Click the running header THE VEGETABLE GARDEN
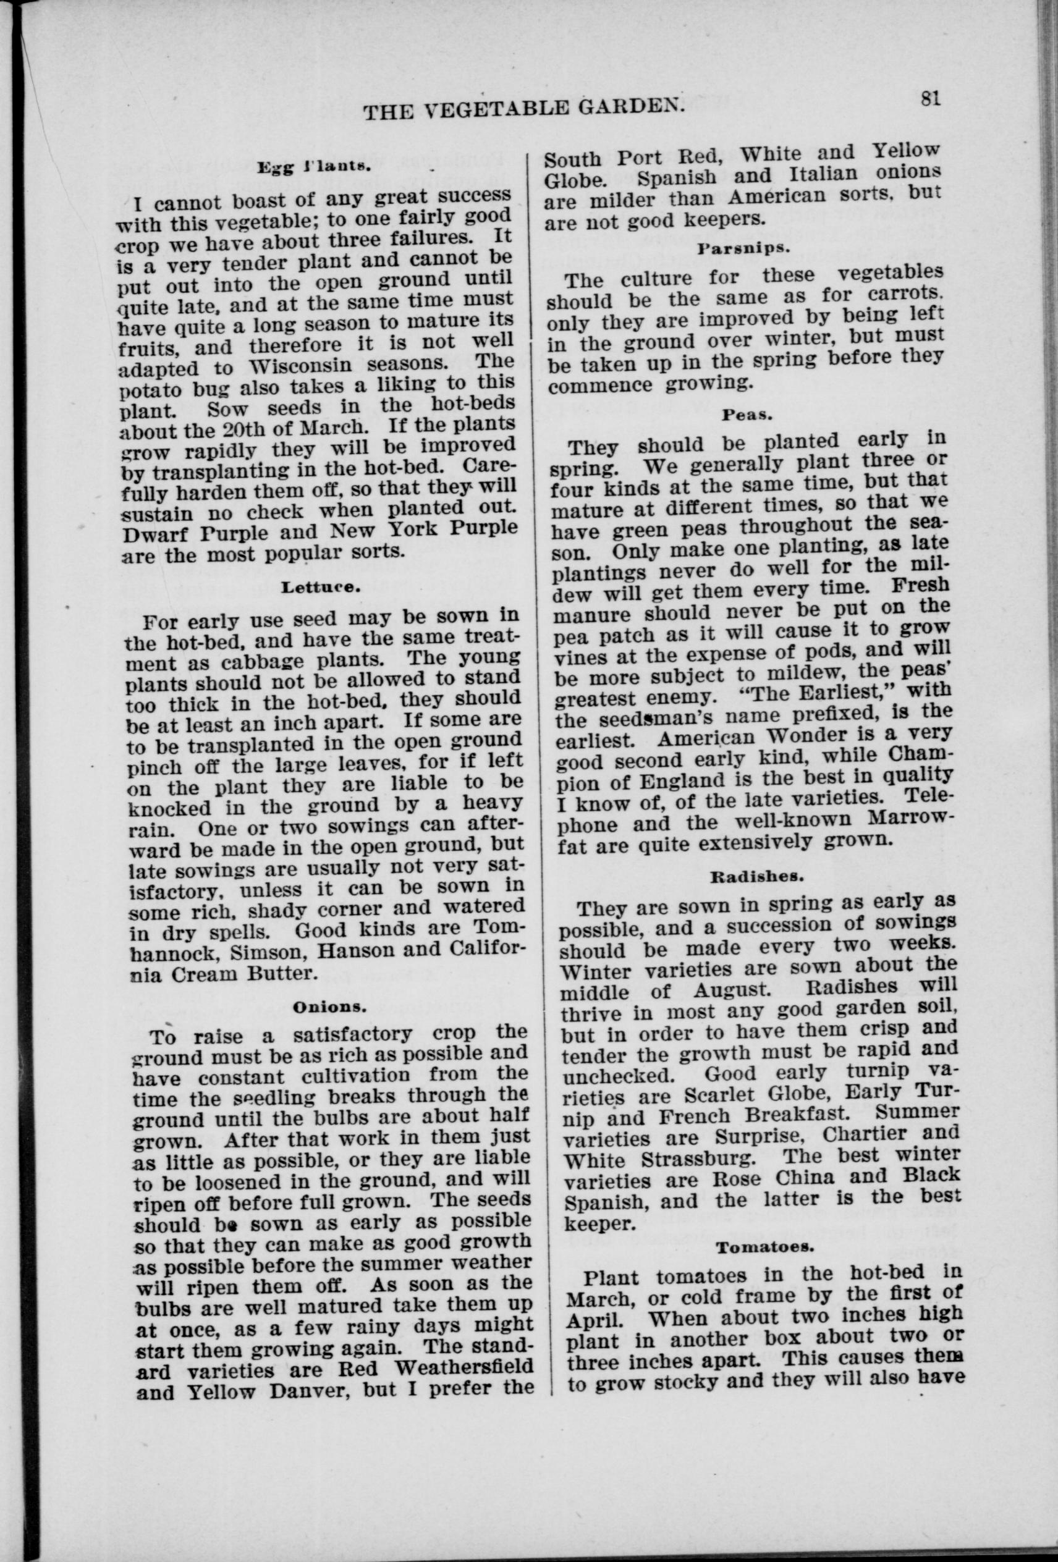pos(523,108)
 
